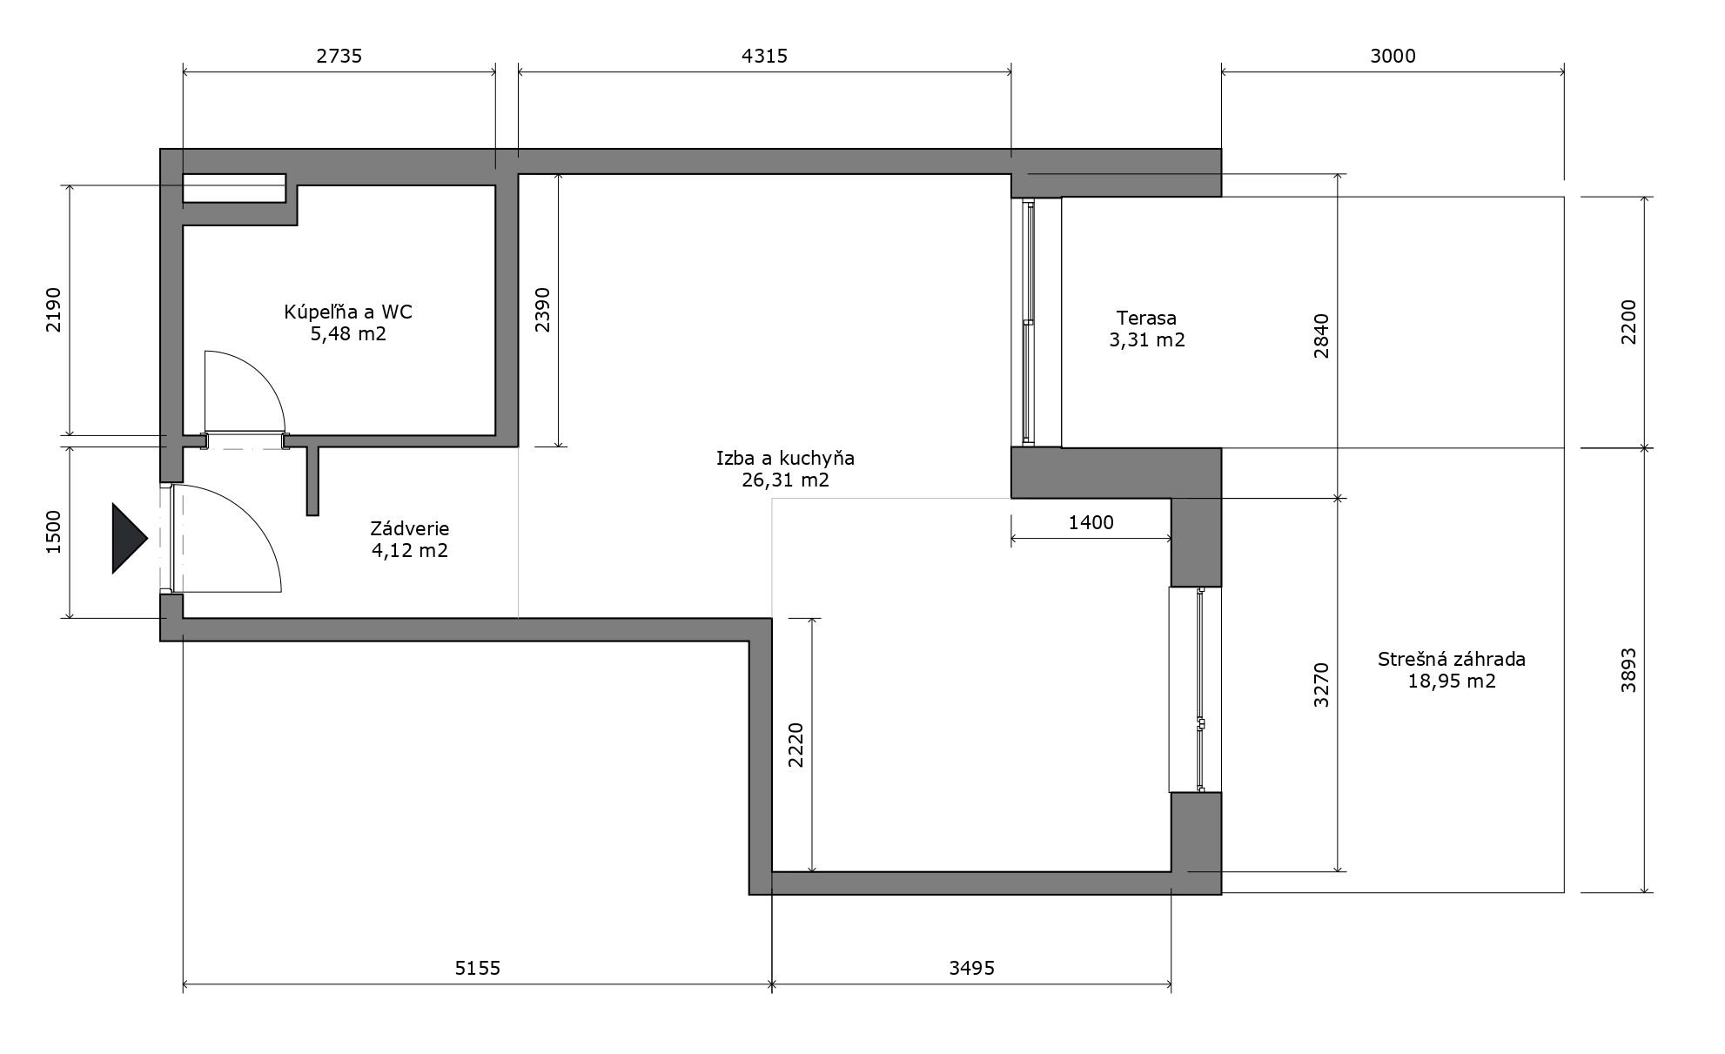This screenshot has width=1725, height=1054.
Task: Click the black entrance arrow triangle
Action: pos(128,539)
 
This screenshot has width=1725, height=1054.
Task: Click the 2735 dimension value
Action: pos(339,57)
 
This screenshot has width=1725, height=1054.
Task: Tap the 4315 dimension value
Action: pos(764,57)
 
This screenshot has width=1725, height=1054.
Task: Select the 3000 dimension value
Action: pos(1393,57)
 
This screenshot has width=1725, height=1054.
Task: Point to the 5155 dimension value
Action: pos(478,968)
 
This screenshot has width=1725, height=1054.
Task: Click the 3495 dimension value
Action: pos(971,968)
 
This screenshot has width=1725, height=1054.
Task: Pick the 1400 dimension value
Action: pos(1091,522)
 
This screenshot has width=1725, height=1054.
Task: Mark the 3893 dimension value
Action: pos(1628,670)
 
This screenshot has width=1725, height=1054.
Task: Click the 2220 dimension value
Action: pos(795,745)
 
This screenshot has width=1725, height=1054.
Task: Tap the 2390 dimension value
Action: pos(542,310)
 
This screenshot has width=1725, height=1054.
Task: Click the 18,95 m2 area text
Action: pos(1452,681)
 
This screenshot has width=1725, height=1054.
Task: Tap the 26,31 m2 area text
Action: pos(785,480)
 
